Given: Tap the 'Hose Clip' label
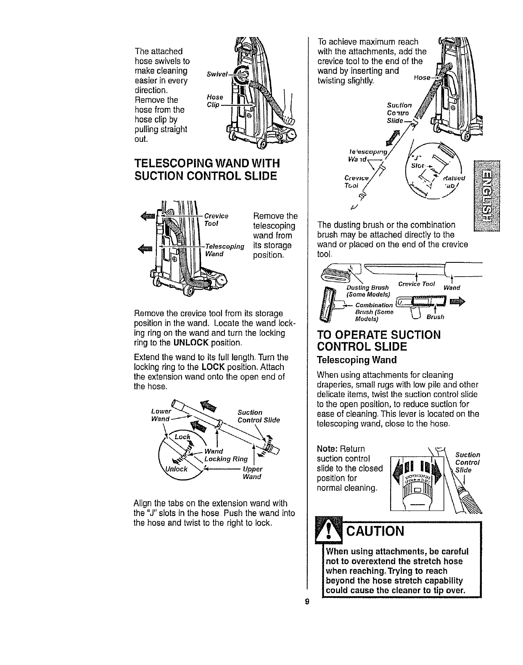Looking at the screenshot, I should click(215, 101).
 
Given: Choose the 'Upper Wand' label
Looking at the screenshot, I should click(252, 473).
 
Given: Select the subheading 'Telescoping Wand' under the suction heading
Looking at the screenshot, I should click(357, 360).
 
